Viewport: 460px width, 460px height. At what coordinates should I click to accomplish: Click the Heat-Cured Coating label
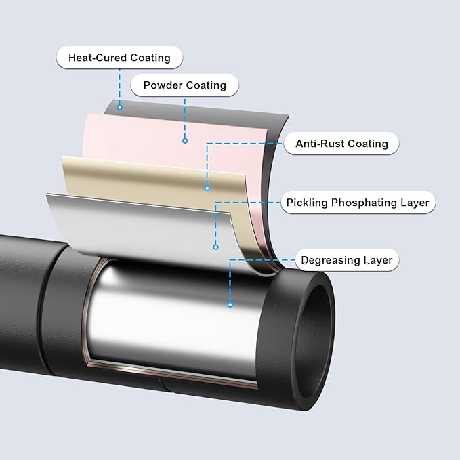pyautogui.click(x=119, y=58)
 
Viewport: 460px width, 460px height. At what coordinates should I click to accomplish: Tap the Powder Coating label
pyautogui.click(x=184, y=86)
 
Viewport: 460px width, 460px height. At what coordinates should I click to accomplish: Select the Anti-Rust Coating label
pyautogui.click(x=340, y=144)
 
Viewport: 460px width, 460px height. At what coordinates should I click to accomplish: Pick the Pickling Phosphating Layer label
pyautogui.click(x=357, y=203)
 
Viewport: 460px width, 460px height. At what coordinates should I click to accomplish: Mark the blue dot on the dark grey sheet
pyautogui.click(x=120, y=106)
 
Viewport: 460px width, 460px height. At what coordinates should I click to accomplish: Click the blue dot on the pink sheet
pyautogui.click(x=185, y=141)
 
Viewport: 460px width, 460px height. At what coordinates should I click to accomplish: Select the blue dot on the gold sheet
pyautogui.click(x=207, y=188)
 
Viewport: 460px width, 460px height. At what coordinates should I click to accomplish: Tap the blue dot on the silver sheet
pyautogui.click(x=215, y=247)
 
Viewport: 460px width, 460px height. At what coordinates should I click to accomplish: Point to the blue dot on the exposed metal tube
pyautogui.click(x=230, y=304)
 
